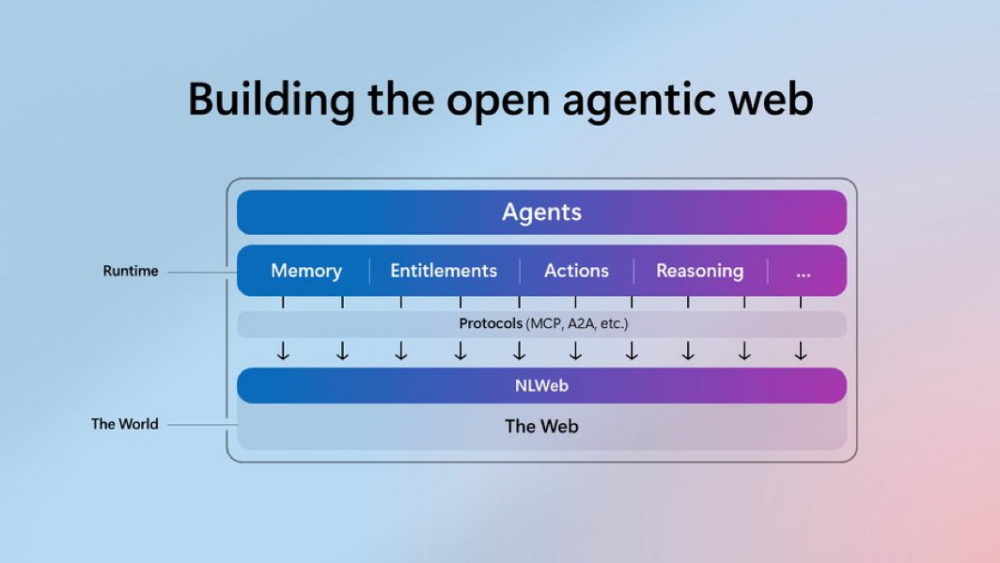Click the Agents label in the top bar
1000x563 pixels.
point(541,212)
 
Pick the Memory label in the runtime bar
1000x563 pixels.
point(306,271)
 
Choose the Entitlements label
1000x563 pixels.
point(444,271)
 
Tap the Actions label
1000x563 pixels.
point(576,271)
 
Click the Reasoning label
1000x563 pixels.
point(699,271)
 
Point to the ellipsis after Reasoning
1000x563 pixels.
point(803,273)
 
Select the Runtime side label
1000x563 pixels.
point(131,271)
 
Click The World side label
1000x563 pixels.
point(124,424)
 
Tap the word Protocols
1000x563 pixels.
point(491,324)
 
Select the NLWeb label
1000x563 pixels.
point(541,385)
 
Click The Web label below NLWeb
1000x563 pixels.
point(541,426)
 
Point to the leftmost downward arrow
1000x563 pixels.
point(283,352)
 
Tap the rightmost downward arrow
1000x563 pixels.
point(801,352)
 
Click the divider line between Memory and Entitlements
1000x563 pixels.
point(369,271)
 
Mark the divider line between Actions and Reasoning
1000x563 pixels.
point(633,271)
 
